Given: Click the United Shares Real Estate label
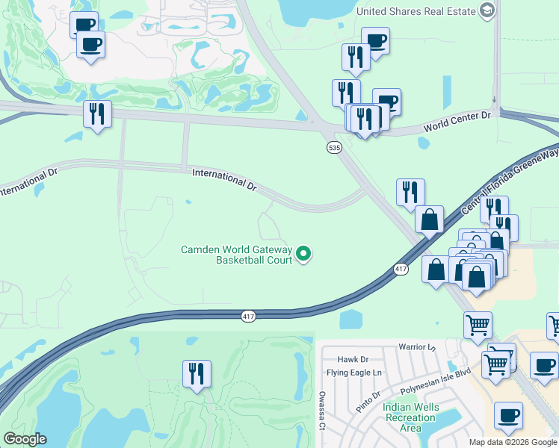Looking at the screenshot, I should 416,10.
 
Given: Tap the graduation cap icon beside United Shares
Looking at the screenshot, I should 487,10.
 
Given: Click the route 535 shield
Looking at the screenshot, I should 334,148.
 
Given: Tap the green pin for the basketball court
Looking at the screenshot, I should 303,255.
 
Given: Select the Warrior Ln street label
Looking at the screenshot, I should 416,347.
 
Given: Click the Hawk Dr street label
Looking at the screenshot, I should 353,359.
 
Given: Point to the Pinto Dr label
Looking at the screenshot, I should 369,391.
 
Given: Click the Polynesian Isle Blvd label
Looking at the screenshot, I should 435,381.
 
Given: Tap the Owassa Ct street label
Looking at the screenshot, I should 322,411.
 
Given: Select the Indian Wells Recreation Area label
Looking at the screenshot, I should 410,417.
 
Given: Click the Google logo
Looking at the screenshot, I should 25,439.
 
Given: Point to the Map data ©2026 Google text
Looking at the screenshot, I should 513,442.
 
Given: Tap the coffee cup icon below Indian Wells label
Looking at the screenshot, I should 509,415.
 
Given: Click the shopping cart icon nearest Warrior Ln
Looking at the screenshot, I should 478,325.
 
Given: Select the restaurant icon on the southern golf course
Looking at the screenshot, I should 197,373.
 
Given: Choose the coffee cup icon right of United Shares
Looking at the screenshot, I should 376,41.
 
